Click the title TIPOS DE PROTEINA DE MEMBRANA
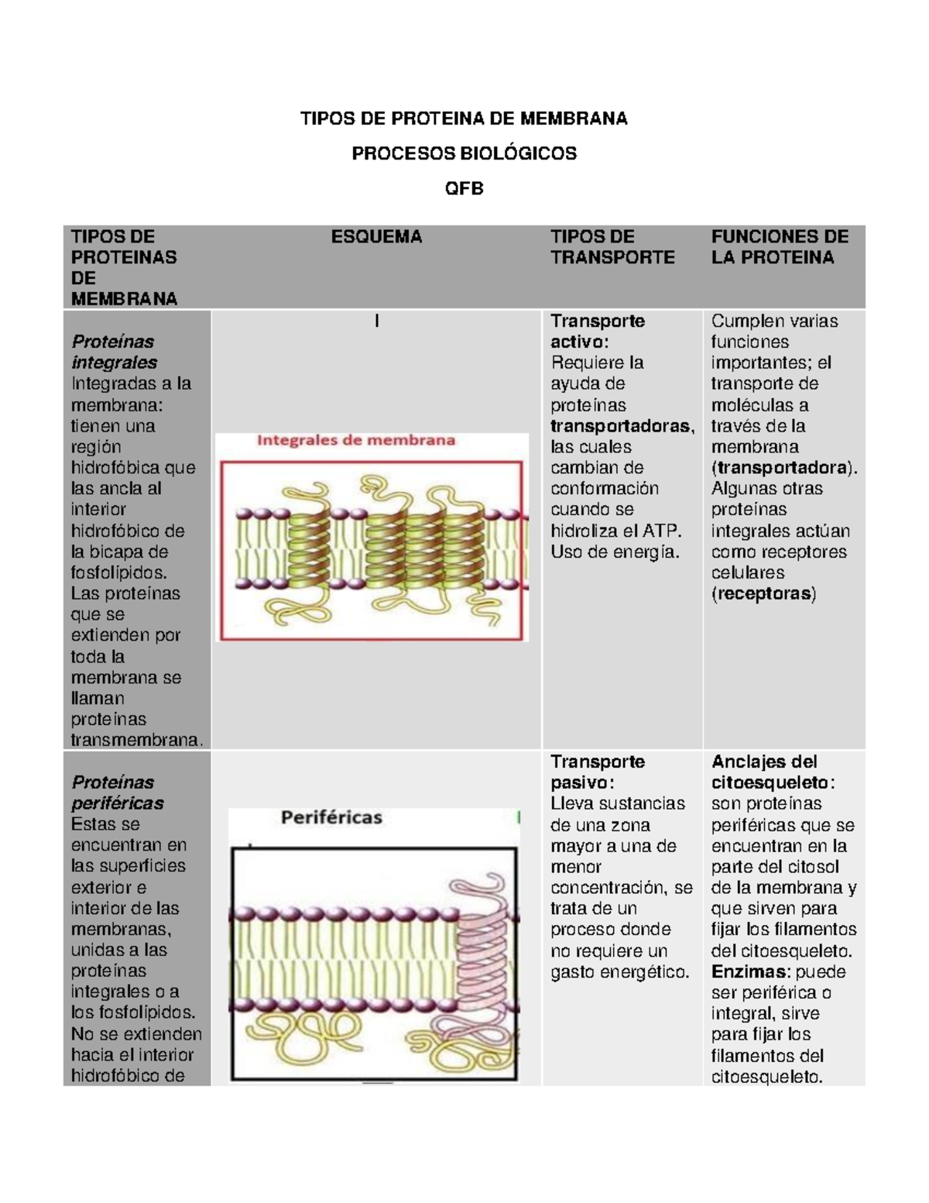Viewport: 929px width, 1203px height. [x=464, y=119]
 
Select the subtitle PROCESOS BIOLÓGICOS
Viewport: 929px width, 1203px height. [x=464, y=153]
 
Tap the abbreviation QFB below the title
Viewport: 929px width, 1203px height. [x=464, y=188]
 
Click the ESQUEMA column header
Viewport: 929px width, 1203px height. [x=376, y=237]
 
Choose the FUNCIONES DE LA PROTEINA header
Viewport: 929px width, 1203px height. [x=780, y=247]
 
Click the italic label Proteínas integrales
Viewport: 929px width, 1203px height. [x=114, y=352]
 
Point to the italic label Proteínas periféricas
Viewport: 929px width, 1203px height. [x=117, y=792]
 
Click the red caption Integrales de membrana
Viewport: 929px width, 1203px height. [x=356, y=441]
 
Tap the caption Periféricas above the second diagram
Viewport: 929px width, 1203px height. [x=331, y=817]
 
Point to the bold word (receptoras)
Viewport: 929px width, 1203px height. [x=763, y=594]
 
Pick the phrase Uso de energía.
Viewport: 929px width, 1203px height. [x=615, y=552]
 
